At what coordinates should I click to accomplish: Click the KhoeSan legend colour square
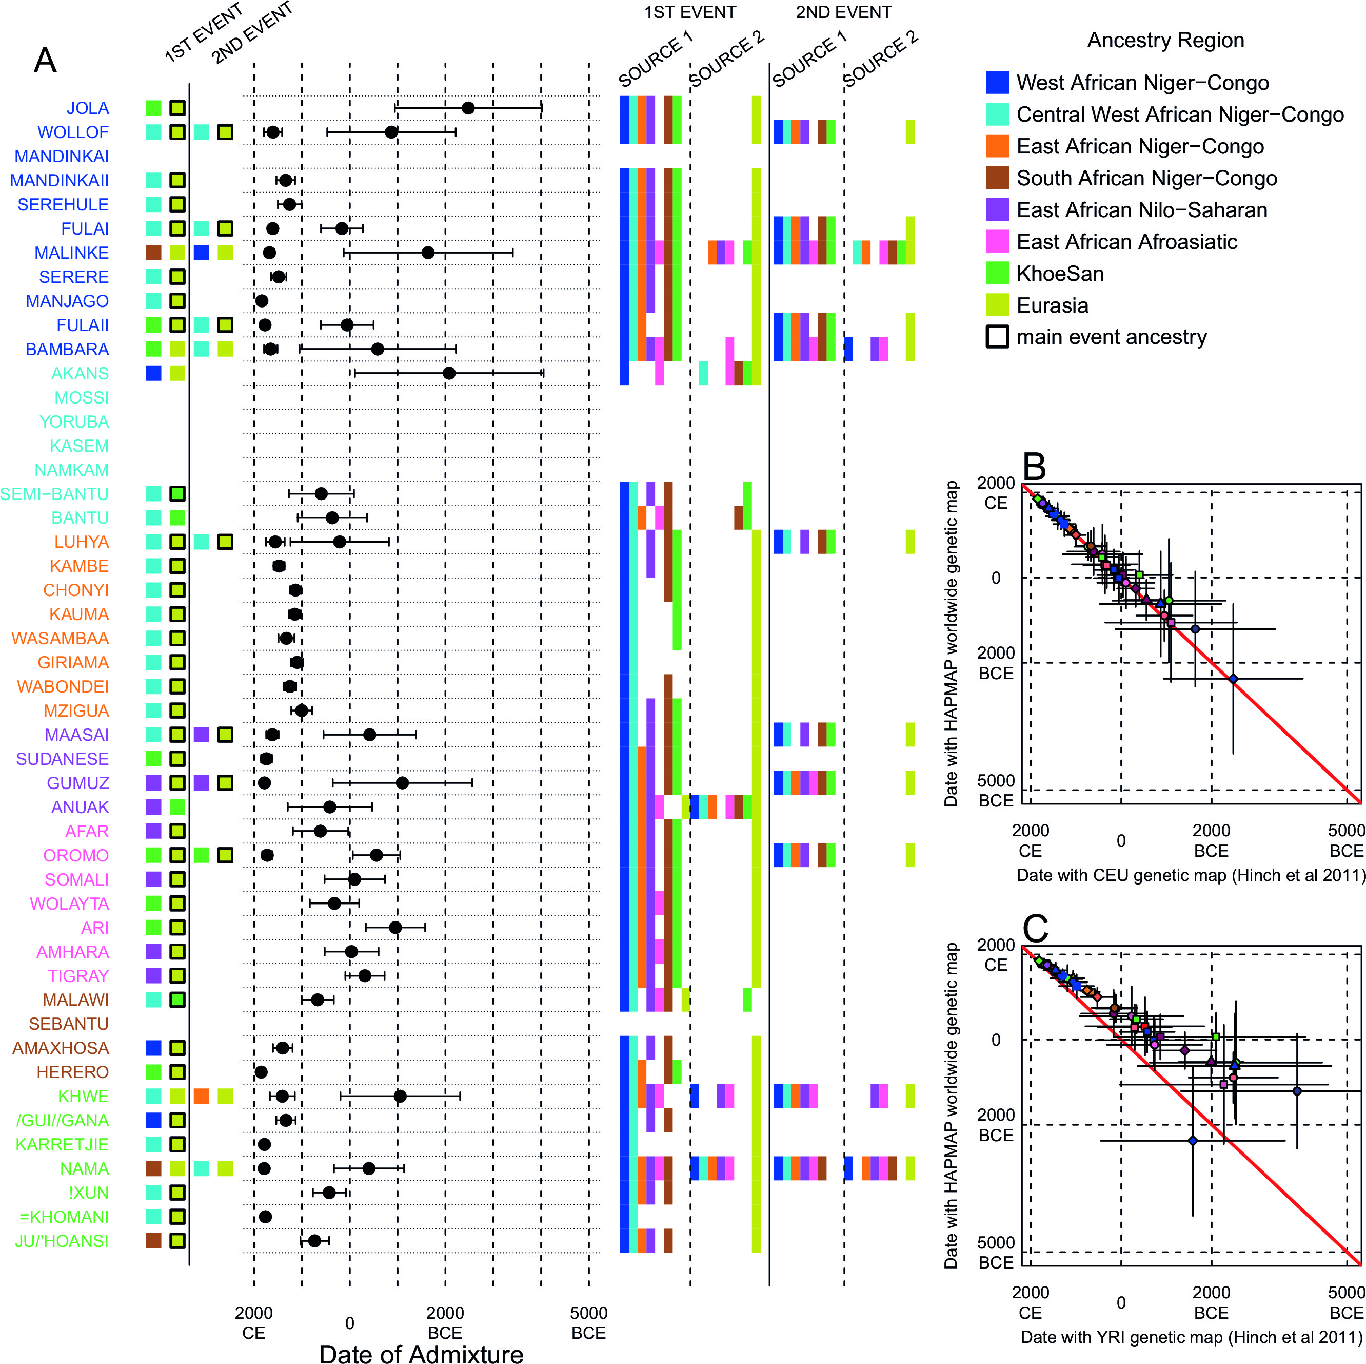tap(997, 273)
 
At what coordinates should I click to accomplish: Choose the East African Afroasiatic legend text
tap(1126, 242)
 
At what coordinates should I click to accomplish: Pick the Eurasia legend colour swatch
tap(997, 305)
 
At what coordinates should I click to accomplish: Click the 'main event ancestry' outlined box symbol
tap(997, 337)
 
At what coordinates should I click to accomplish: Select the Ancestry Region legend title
tap(1165, 41)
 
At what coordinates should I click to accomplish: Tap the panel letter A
tap(45, 60)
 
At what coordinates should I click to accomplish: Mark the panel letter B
tap(1035, 466)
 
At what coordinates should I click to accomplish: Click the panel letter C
tap(1036, 928)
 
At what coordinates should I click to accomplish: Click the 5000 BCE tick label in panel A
tap(588, 1322)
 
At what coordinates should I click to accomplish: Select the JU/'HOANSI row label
tap(62, 1241)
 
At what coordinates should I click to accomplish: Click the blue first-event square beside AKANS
tap(153, 373)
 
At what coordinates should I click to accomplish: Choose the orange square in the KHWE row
tap(202, 1096)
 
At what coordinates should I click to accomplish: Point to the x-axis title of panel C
tap(1192, 1336)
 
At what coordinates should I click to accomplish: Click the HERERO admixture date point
tap(261, 1072)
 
